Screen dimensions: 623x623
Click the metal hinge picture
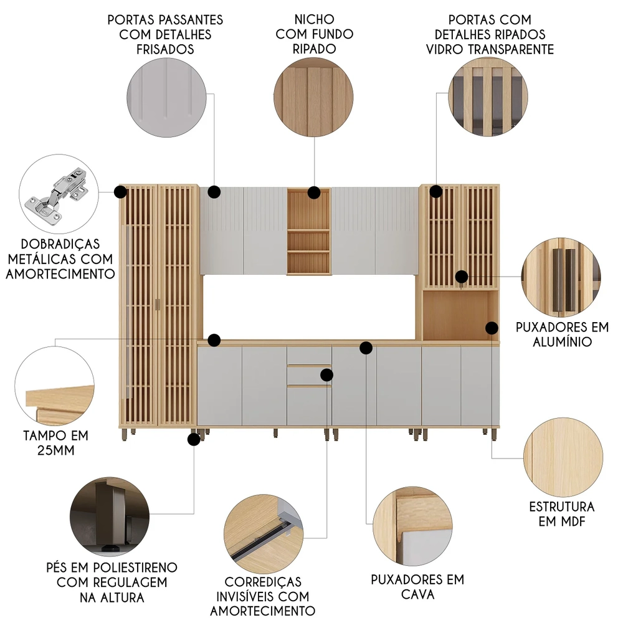tap(59, 194)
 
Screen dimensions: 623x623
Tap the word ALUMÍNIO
tap(562, 341)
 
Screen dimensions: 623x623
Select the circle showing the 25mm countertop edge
tap(54, 386)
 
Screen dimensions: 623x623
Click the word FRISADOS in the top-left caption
tap(165, 49)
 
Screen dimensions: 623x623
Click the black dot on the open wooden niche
tap(314, 193)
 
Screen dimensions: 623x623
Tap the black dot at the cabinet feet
tap(194, 439)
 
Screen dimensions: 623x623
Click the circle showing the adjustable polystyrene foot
tap(110, 517)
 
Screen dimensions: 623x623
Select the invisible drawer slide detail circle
tap(264, 535)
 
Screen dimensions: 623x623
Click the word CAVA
tap(417, 594)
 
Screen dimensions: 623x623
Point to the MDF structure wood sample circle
tap(563, 457)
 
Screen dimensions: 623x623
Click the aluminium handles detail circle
tap(561, 277)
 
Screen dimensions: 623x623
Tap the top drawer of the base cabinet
tap(309, 356)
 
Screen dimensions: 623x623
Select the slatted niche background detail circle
tap(313, 97)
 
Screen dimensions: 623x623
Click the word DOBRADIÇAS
tap(60, 244)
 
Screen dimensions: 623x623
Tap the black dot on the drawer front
tap(326, 374)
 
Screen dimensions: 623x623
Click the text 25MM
tap(56, 450)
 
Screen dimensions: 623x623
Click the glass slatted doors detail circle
tap(488, 97)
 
